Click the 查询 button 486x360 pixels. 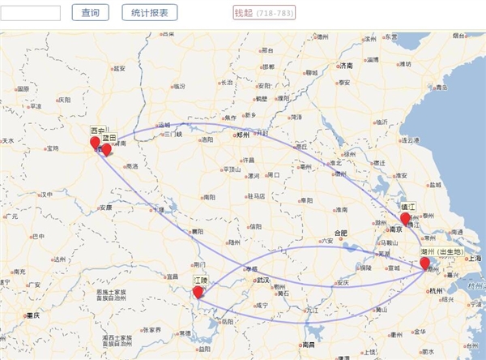tap(91, 12)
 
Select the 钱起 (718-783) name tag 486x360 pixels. tap(264, 13)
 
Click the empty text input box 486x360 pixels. tap(31, 12)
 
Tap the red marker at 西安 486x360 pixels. tap(95, 144)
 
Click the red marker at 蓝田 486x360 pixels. tap(106, 149)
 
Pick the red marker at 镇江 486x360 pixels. tap(405, 218)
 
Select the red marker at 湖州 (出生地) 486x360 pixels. tap(424, 263)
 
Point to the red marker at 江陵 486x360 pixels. tap(198, 292)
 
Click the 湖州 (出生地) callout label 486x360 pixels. tap(442, 252)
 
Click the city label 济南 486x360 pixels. tap(347, 66)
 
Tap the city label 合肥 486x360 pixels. tap(341, 234)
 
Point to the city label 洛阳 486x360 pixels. tap(207, 139)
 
